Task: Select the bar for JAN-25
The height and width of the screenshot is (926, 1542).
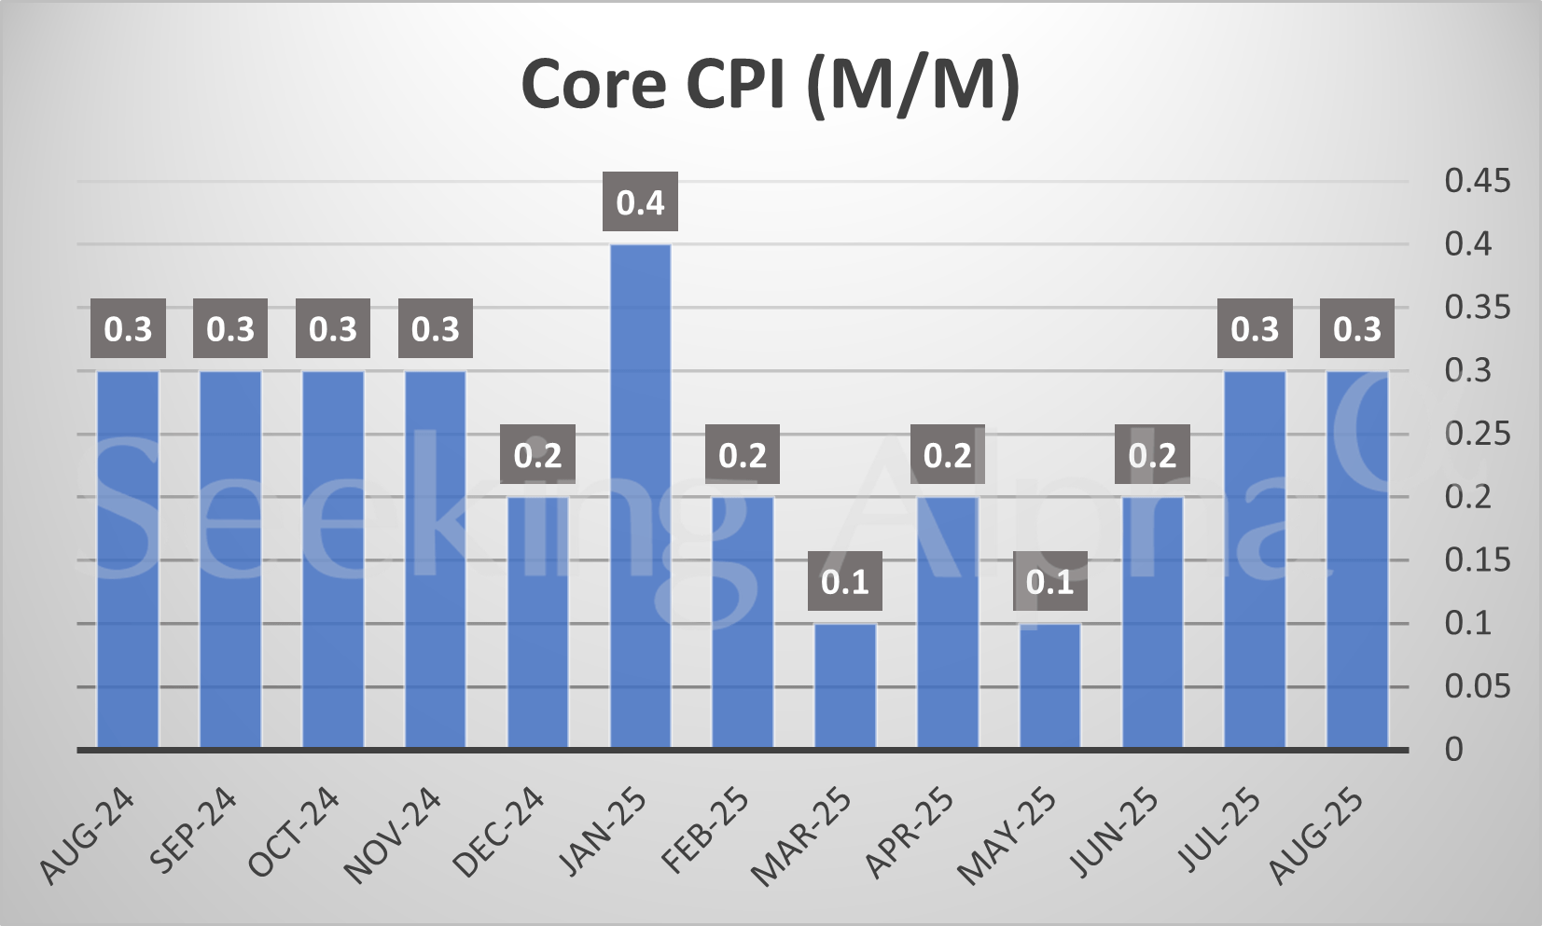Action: pyautogui.click(x=640, y=494)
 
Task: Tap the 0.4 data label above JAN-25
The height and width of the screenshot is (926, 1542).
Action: pyautogui.click(x=640, y=202)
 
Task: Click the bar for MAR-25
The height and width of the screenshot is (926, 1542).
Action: pyautogui.click(x=845, y=685)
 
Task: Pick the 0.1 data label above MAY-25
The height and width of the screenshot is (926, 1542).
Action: pyautogui.click(x=1050, y=582)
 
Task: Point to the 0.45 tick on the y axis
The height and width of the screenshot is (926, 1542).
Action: pyautogui.click(x=1477, y=181)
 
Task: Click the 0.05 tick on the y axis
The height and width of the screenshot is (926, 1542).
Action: pyautogui.click(x=1477, y=687)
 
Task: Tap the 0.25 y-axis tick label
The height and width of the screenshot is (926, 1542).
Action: pyautogui.click(x=1477, y=434)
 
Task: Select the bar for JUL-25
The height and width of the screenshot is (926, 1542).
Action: pyautogui.click(x=1255, y=560)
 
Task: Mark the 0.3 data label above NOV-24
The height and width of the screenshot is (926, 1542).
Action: pyautogui.click(x=436, y=328)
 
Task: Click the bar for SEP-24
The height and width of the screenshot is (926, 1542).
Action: pyautogui.click(x=230, y=560)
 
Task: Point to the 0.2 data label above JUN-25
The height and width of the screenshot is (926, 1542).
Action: pyautogui.click(x=1152, y=455)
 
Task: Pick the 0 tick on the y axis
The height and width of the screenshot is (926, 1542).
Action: pyautogui.click(x=1453, y=750)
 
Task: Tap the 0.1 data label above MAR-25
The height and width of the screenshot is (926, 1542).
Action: pyautogui.click(x=845, y=582)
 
